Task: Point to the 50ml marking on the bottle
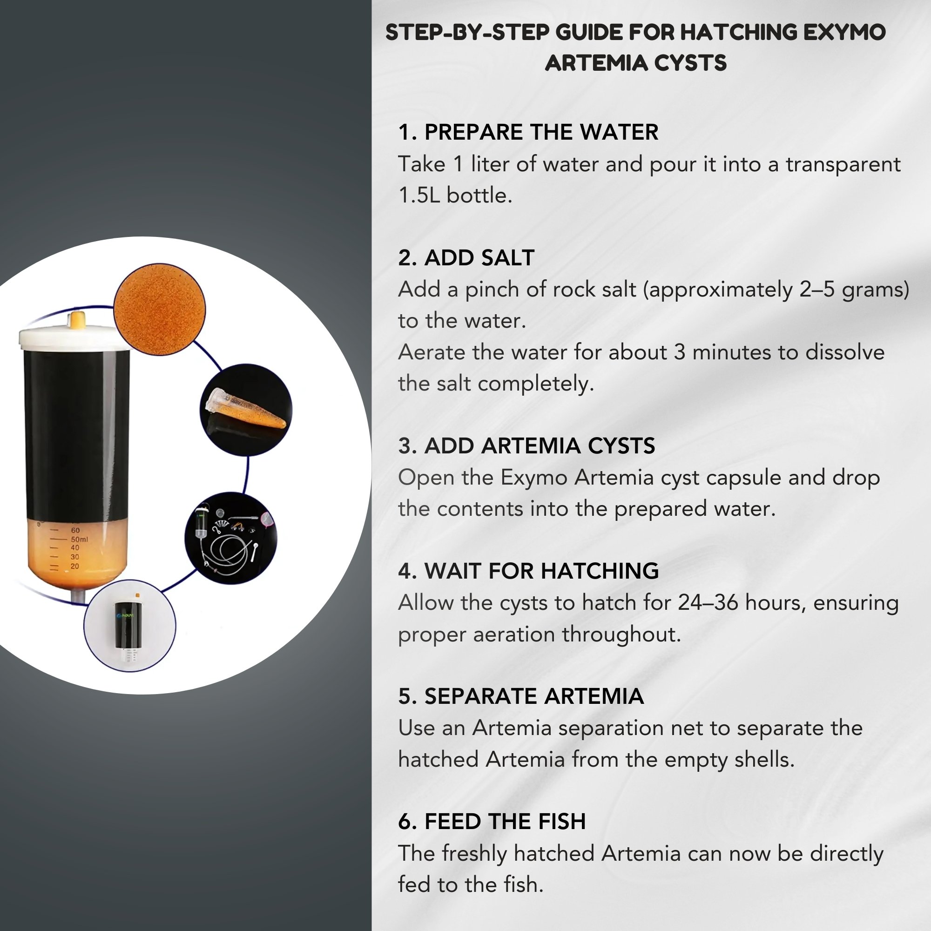pos(80,539)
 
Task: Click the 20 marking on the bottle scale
pos(74,566)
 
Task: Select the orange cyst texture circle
pos(160,310)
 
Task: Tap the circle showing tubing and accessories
pos(231,538)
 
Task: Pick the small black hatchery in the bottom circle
pos(128,625)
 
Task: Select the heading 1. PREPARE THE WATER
pos(528,132)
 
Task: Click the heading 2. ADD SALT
pos(466,257)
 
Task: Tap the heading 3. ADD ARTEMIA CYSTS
pos(526,446)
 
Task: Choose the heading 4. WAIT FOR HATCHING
pos(529,571)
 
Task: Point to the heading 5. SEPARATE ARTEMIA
pos(521,696)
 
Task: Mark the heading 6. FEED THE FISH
pos(492,821)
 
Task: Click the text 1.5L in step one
pos(419,196)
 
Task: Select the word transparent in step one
pos(843,165)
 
